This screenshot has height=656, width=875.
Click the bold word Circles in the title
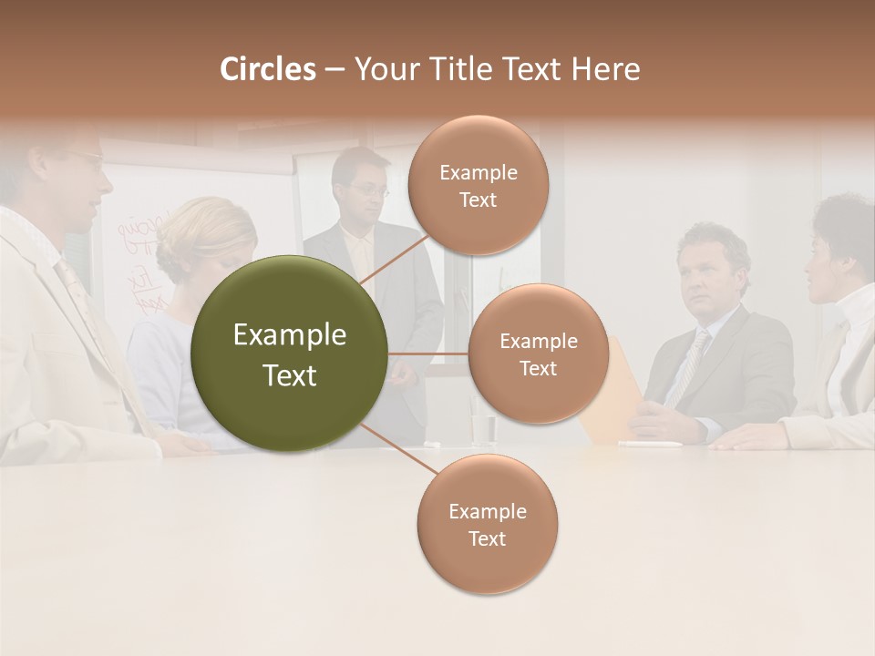point(268,69)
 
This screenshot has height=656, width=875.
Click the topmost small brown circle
point(479,186)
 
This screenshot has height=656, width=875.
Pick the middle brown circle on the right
point(539,354)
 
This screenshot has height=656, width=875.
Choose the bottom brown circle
point(487,525)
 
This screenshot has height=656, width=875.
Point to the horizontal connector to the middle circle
point(428,354)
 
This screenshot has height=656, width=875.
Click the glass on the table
point(483,428)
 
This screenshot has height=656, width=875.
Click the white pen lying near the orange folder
point(649,445)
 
